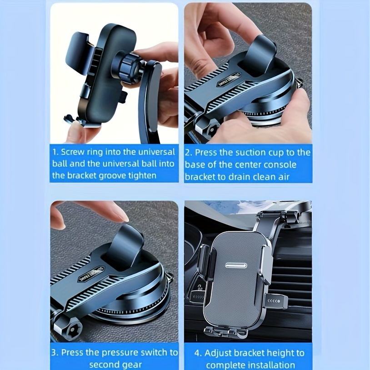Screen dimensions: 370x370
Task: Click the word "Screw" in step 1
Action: (x=72, y=152)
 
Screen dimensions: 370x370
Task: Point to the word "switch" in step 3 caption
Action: (x=155, y=353)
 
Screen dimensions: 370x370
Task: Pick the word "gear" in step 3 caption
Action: (x=132, y=365)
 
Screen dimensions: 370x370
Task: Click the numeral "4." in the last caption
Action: (x=198, y=353)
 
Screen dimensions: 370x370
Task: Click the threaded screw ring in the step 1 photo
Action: (x=128, y=67)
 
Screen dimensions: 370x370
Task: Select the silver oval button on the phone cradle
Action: (x=236, y=265)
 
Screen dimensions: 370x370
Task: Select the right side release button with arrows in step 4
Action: (x=275, y=301)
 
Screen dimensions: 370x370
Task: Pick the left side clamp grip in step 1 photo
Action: (x=78, y=52)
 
